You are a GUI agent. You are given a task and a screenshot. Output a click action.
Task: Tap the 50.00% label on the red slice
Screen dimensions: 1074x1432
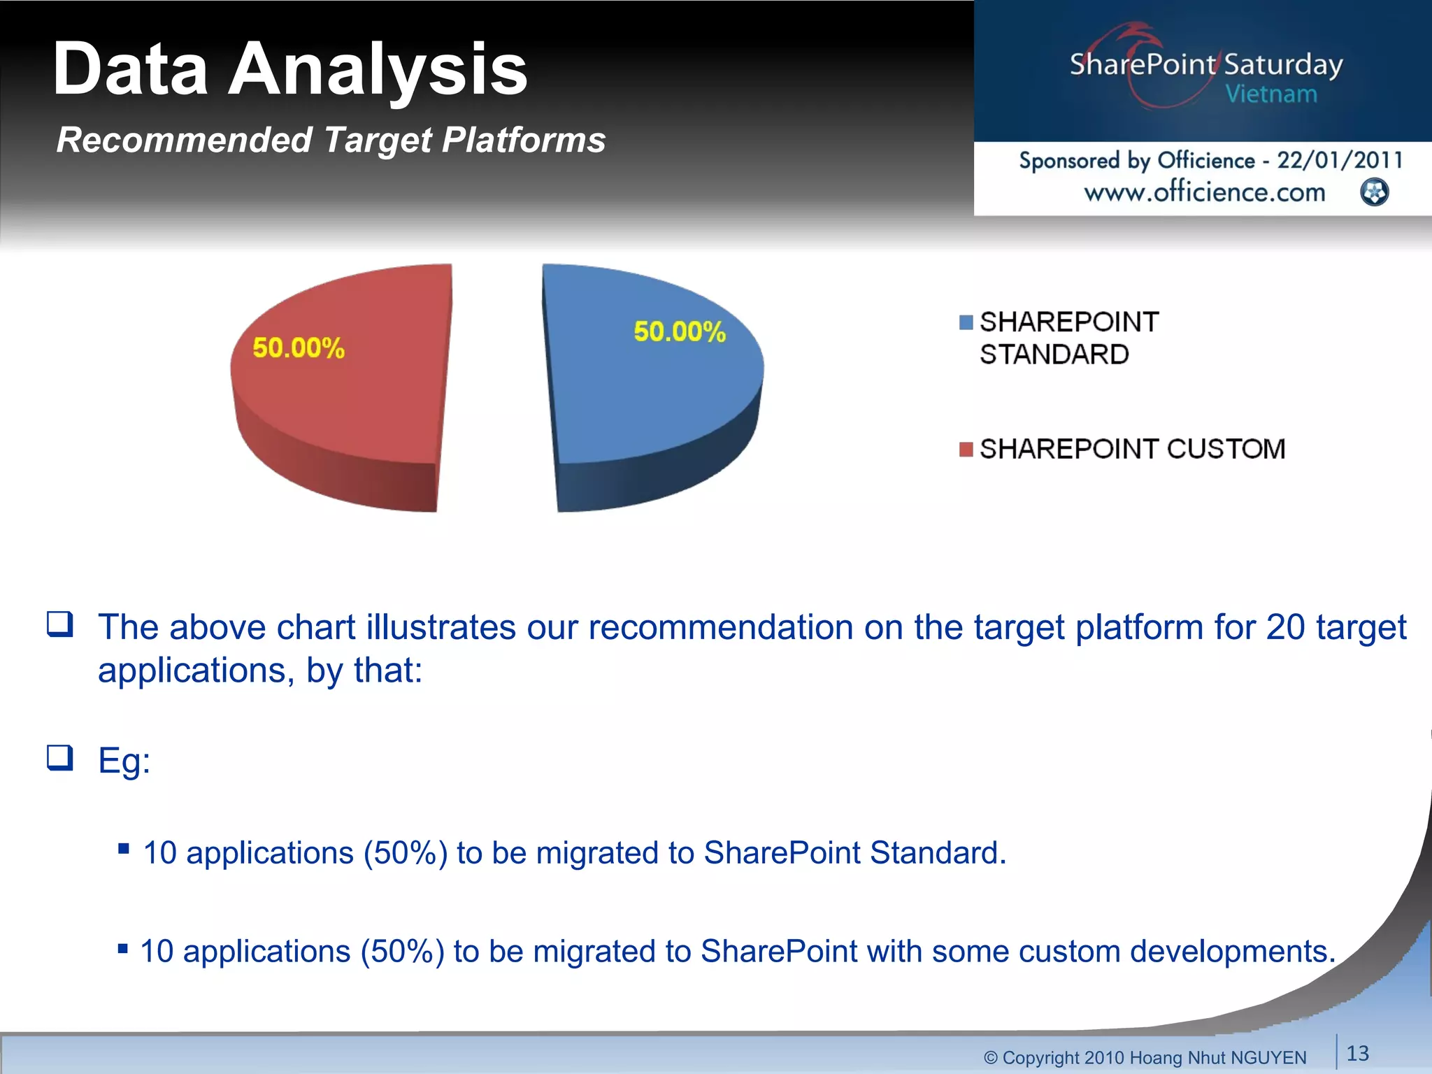coord(299,348)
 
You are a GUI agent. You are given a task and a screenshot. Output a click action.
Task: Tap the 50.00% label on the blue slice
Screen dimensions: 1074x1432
coord(680,331)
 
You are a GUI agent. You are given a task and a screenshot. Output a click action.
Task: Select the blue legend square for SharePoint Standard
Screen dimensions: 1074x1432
coord(966,322)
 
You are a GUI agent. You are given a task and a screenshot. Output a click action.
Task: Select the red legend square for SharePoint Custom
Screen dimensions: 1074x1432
coord(966,449)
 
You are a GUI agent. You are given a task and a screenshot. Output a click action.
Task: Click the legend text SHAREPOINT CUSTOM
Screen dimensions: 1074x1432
coord(1132,449)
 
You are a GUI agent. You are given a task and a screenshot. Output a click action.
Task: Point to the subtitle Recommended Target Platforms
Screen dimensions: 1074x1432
coord(331,140)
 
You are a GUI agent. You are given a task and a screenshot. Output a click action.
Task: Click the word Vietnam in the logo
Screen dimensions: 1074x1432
coord(1271,94)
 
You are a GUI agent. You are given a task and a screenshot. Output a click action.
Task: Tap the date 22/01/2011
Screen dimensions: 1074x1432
coord(1340,160)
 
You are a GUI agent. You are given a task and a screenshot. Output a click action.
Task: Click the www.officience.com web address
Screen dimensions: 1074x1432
coord(1204,192)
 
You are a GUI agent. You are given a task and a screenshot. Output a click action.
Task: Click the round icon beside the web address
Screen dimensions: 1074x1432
coord(1375,192)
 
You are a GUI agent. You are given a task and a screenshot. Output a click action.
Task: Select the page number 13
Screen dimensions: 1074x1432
coord(1358,1053)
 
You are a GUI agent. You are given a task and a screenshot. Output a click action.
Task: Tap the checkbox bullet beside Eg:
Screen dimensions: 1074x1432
coord(60,757)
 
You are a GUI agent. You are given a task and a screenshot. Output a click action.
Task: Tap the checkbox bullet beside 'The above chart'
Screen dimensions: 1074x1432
coord(60,624)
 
